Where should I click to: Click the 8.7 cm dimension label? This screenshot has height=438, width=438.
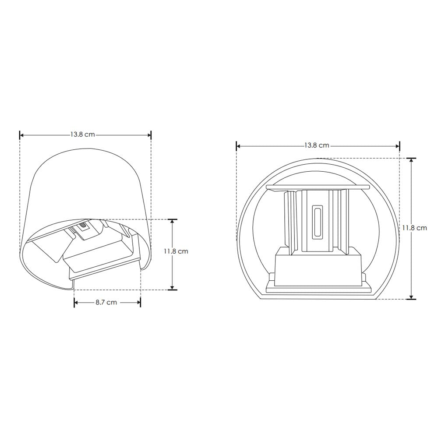click(x=107, y=303)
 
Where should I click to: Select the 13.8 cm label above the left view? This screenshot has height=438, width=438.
click(x=82, y=135)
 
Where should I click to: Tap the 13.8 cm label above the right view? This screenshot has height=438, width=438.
click(x=316, y=145)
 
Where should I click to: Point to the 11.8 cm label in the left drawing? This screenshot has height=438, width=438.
click(x=176, y=251)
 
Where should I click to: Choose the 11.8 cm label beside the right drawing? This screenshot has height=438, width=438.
click(x=414, y=228)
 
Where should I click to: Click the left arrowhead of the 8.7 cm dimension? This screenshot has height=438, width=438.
click(x=76, y=303)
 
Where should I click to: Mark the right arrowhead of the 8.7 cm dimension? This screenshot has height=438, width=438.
click(x=138, y=303)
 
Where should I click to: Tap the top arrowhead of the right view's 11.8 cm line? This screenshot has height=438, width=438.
click(x=411, y=160)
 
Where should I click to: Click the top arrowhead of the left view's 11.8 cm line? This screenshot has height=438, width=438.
click(x=173, y=221)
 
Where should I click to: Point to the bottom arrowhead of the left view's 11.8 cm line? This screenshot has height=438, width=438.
click(x=173, y=287)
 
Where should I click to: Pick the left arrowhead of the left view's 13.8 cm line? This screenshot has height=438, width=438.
click(x=22, y=135)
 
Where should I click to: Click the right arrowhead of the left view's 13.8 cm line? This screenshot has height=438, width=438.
click(x=149, y=135)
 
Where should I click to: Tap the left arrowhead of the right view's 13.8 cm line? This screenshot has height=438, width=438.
click(x=239, y=146)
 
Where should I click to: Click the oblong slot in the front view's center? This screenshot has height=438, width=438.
click(x=317, y=222)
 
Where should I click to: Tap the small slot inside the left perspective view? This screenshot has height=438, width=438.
click(x=82, y=227)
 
